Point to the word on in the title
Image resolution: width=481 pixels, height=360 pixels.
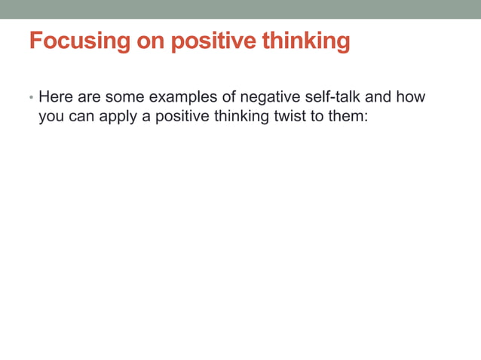[151, 41]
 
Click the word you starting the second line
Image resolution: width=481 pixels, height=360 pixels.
[51, 117]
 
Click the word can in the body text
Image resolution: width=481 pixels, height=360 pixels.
[82, 117]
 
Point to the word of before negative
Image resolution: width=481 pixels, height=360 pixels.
[228, 97]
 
